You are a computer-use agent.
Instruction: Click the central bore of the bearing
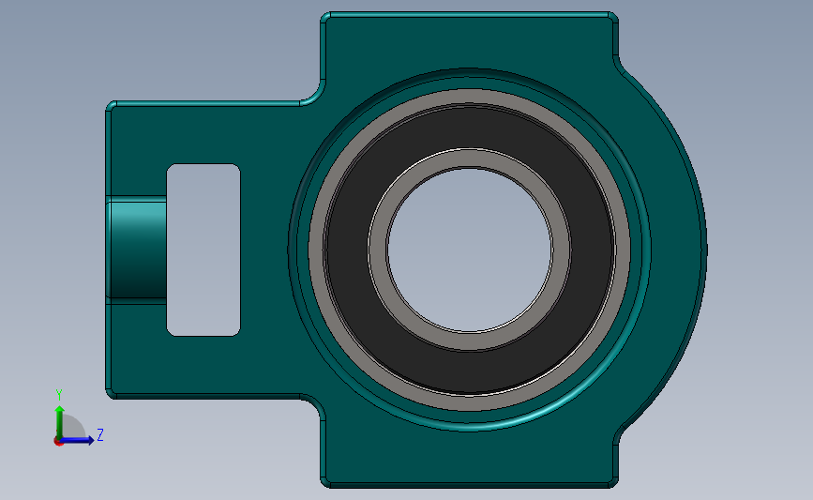coord(469,249)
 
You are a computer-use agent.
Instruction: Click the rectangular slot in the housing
coord(203,249)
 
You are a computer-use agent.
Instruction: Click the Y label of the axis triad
coord(58,394)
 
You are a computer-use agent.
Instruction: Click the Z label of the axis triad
coord(99,435)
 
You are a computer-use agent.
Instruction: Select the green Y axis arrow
coord(58,417)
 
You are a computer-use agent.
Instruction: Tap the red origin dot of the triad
coord(58,440)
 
